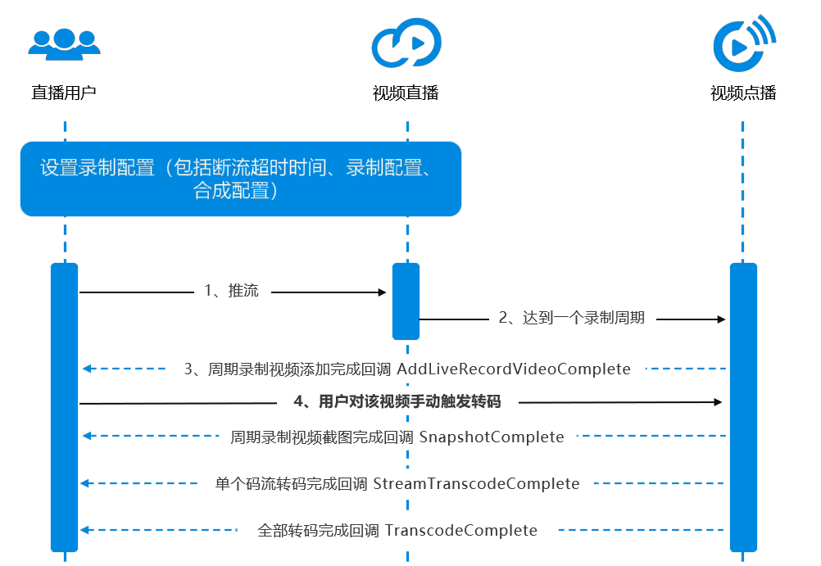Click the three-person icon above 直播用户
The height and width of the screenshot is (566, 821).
tap(64, 43)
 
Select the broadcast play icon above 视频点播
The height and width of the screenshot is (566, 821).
tap(743, 43)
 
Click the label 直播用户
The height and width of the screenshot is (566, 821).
tap(64, 93)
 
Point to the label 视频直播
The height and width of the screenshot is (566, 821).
tap(406, 93)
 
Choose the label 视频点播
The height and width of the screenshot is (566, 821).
tap(743, 93)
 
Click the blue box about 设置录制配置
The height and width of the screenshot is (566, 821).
tap(240, 179)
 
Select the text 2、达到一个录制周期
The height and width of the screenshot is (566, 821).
tap(572, 319)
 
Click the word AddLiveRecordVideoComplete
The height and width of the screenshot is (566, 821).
tap(514, 369)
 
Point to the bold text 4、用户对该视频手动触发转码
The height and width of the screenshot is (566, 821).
tap(397, 402)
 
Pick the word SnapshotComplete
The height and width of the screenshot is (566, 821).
tap(492, 437)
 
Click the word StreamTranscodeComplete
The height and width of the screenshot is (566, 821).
tap(477, 484)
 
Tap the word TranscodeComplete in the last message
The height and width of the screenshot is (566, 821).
tap(461, 531)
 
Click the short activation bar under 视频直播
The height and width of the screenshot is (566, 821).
tap(406, 301)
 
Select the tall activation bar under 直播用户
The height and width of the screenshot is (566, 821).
tap(64, 407)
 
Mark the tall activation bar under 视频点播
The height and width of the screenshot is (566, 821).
tap(743, 407)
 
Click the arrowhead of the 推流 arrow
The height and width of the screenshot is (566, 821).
tap(381, 292)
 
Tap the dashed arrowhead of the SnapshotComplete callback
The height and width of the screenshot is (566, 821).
tap(85, 437)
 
